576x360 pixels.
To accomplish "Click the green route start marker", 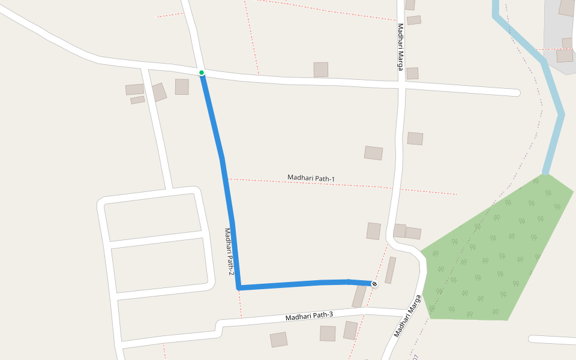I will click(202, 73).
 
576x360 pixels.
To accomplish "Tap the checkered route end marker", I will click(374, 283).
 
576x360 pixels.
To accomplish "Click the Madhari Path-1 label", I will click(311, 178).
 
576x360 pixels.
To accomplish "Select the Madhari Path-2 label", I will click(229, 251).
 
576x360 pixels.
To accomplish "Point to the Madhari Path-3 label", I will click(309, 316).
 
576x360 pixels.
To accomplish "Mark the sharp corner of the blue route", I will click(239, 288).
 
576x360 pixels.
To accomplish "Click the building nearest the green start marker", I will click(182, 87).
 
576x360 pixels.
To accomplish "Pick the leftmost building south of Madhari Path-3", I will click(278, 340).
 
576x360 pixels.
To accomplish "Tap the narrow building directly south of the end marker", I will click(359, 296).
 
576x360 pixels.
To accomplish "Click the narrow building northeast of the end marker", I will click(391, 270).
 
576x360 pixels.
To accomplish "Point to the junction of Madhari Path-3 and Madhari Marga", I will click(409, 311).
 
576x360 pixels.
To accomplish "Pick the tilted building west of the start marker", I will click(159, 92).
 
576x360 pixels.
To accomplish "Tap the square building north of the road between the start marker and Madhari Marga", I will click(321, 70).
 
